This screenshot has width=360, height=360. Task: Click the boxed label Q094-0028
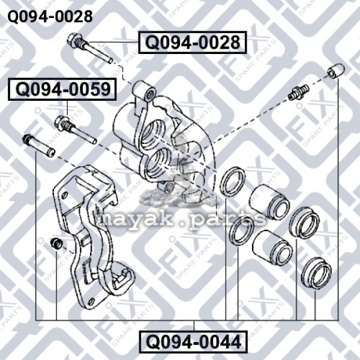(x=193, y=43)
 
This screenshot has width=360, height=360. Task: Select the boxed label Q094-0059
(x=62, y=89)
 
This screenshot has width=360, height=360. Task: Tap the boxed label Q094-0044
(x=193, y=342)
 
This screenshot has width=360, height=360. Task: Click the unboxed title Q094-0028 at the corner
(x=50, y=16)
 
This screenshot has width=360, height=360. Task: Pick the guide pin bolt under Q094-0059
(x=76, y=130)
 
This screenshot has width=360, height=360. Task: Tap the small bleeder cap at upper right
(x=335, y=71)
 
